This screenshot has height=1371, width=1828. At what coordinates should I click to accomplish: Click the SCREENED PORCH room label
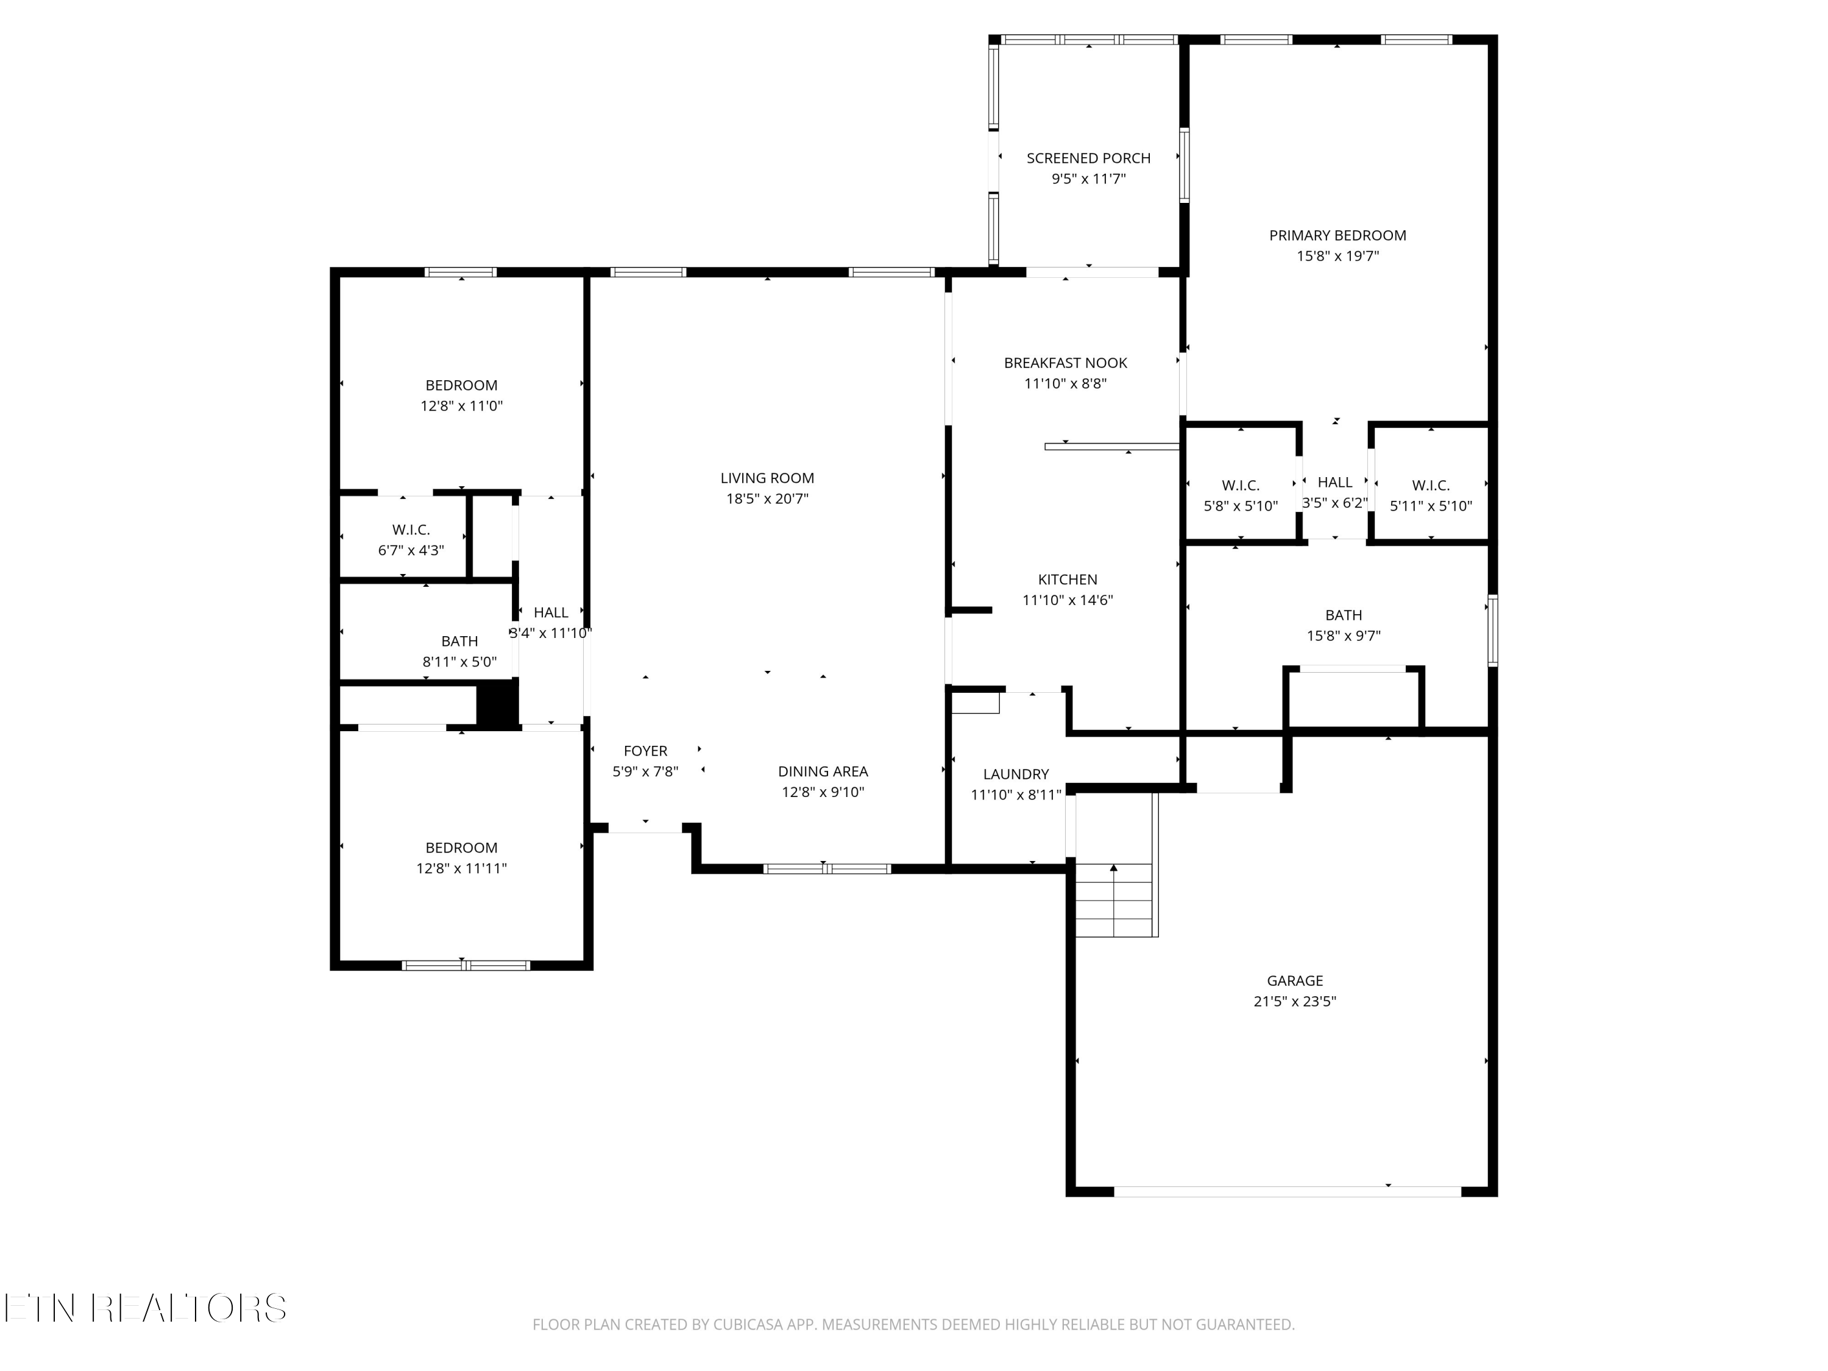[x=1088, y=158]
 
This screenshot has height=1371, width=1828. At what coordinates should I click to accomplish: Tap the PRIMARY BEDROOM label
[x=1337, y=236]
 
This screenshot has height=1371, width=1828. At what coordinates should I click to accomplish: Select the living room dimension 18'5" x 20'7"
[x=767, y=498]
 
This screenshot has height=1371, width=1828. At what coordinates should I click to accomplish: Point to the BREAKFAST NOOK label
[x=1065, y=363]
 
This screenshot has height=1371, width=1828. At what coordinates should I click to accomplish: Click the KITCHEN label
[x=1068, y=579]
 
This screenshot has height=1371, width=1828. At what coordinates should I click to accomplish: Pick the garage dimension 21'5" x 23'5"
[x=1294, y=1001]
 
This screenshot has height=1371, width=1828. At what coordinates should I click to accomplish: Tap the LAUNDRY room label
[x=1016, y=774]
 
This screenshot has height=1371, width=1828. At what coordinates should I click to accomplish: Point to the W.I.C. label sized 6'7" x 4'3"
[x=411, y=530]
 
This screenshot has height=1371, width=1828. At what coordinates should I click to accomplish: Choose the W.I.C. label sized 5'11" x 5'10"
[x=1431, y=486]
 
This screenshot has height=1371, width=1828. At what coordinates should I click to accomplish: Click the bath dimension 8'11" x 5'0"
[x=459, y=662]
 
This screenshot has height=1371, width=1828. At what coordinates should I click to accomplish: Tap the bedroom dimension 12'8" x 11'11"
[x=461, y=868]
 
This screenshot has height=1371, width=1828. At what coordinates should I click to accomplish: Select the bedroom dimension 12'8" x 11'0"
[x=461, y=406]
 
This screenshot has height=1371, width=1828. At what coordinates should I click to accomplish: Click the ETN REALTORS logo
[x=146, y=1308]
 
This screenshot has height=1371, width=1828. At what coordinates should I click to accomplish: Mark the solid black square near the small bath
[x=497, y=704]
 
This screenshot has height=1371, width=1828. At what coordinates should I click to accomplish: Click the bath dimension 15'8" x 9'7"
[x=1343, y=636]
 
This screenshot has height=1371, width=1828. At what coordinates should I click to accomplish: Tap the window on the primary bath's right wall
[x=1492, y=631]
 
